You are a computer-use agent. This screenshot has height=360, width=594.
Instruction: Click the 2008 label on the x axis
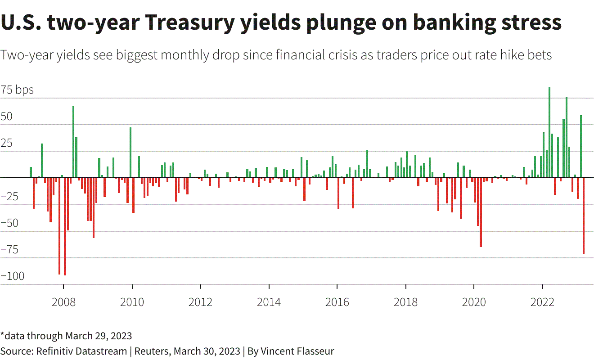(63, 302)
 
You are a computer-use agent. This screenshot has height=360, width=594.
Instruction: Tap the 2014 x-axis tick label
(269, 302)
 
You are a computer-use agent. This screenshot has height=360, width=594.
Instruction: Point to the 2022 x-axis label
(542, 302)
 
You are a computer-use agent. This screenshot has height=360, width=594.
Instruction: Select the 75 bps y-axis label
(17, 90)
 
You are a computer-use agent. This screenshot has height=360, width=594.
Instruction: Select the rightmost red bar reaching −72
(584, 216)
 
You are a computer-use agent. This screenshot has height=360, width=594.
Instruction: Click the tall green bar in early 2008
(73, 142)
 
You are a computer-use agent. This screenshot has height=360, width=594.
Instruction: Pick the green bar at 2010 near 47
(130, 153)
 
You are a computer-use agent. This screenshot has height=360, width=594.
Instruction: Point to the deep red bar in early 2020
(481, 212)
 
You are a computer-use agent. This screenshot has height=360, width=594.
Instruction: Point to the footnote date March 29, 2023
(99, 336)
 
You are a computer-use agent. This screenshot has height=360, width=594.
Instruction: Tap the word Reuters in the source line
(152, 351)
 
